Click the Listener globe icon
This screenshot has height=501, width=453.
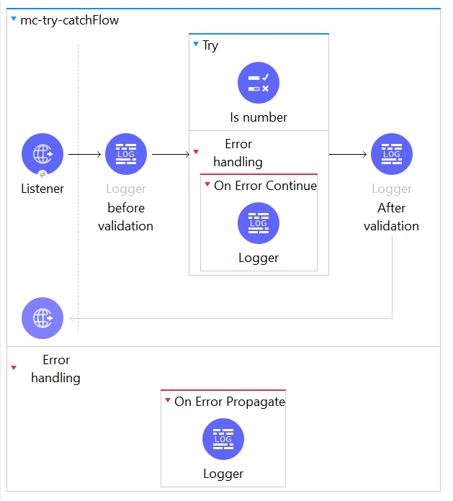point(42,154)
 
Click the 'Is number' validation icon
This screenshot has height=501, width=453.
point(259,83)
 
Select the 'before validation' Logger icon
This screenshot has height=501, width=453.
point(126,154)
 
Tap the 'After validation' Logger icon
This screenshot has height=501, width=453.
point(392,154)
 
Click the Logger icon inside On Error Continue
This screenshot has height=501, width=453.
point(259,223)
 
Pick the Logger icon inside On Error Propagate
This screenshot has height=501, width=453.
point(223,439)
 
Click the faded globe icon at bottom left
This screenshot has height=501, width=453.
point(42,317)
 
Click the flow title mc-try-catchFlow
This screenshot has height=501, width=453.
point(69,20)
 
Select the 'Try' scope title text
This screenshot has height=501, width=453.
point(210,45)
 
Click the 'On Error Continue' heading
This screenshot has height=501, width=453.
point(265,186)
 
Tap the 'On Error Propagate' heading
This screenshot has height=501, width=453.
point(229,402)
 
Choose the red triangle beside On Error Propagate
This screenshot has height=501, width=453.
point(168,402)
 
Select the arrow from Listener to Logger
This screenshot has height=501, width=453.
point(84,154)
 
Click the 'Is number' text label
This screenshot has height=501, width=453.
point(259,117)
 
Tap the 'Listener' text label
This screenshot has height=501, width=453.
point(42,189)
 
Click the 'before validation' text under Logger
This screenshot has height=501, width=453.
point(126,217)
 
